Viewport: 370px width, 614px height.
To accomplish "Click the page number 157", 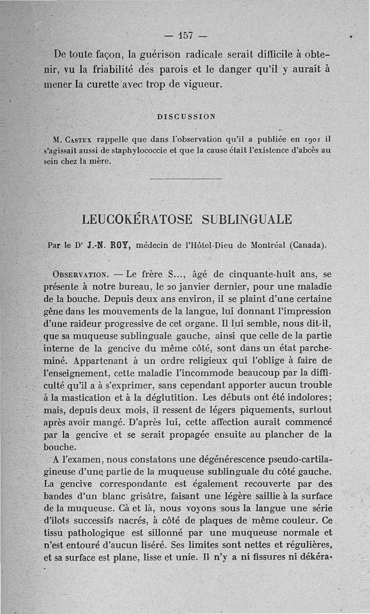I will click(185, 36).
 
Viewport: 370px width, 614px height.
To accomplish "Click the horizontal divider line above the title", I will click(186, 179).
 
